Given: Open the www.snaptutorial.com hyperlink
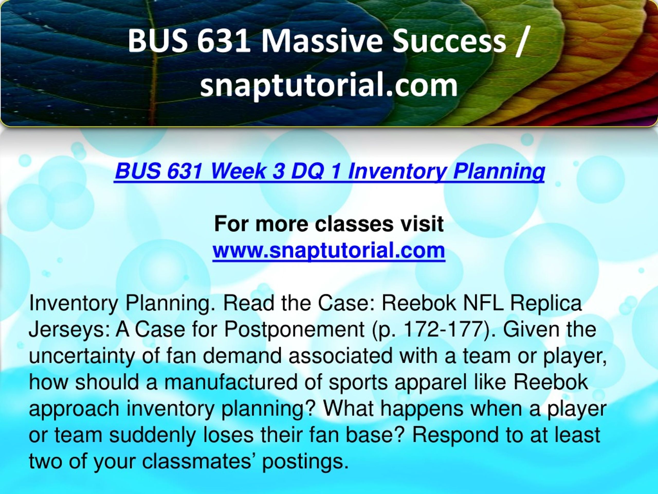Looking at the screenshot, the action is [x=329, y=250].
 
